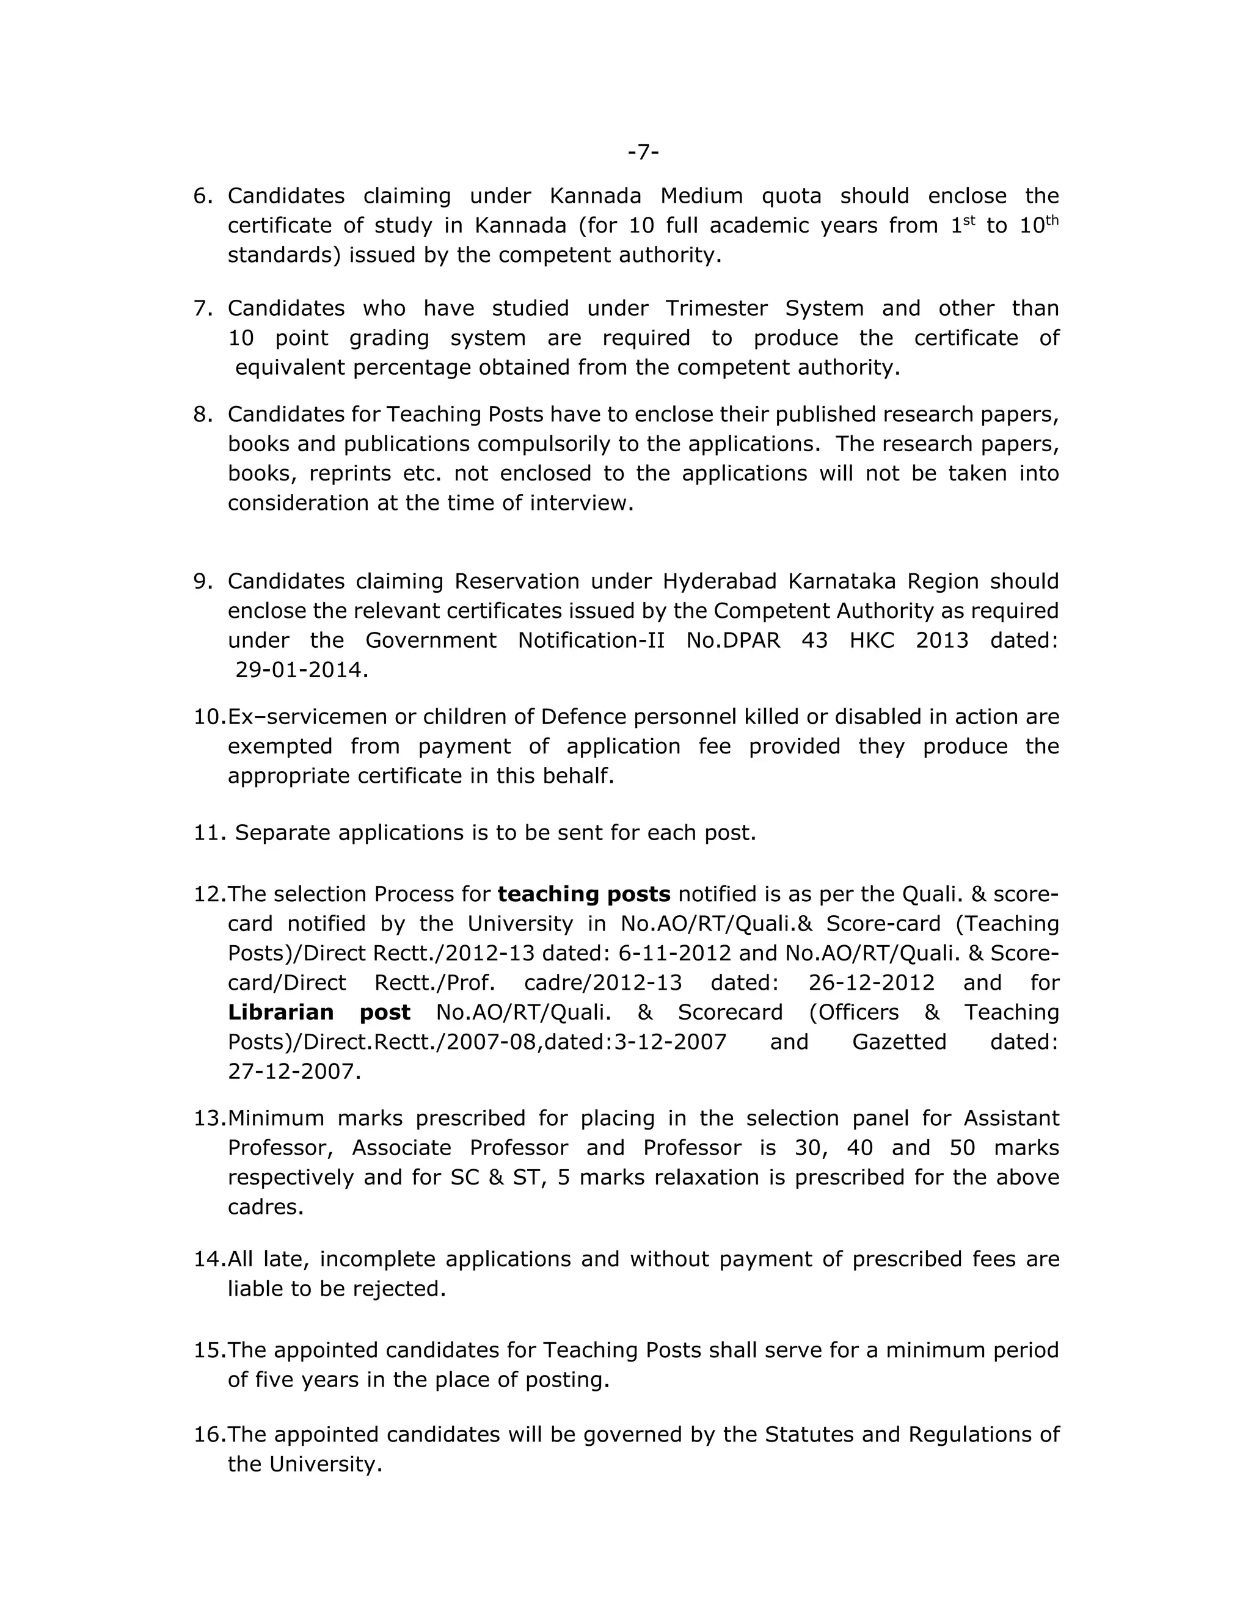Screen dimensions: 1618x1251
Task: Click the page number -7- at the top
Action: point(643,152)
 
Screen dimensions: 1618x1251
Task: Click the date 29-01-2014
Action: point(301,670)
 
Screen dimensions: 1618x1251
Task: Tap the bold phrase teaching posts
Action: point(583,894)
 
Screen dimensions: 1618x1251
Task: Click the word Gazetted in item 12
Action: point(899,1042)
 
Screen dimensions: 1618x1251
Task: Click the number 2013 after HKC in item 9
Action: point(941,640)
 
